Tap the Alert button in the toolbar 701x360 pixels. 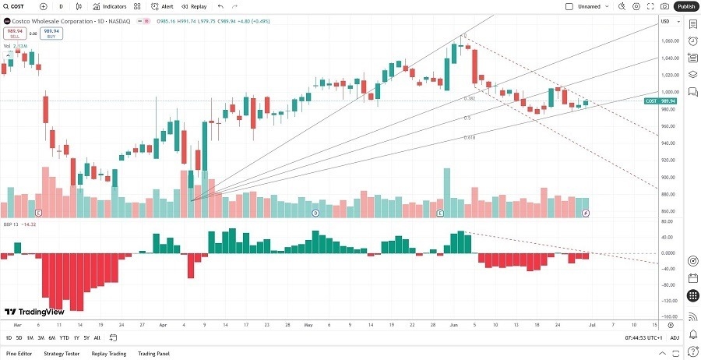click(162, 6)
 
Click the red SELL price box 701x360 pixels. click(13, 34)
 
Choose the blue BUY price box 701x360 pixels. click(52, 34)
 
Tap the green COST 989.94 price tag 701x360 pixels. click(660, 101)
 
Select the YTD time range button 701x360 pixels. click(64, 337)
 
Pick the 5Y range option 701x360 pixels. click(86, 337)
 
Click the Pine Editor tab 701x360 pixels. click(19, 354)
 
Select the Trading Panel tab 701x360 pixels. click(153, 354)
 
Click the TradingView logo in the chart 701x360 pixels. click(36, 310)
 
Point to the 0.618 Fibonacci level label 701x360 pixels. click(470, 137)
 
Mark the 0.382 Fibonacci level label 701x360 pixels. click(470, 98)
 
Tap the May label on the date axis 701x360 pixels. click(308, 323)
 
